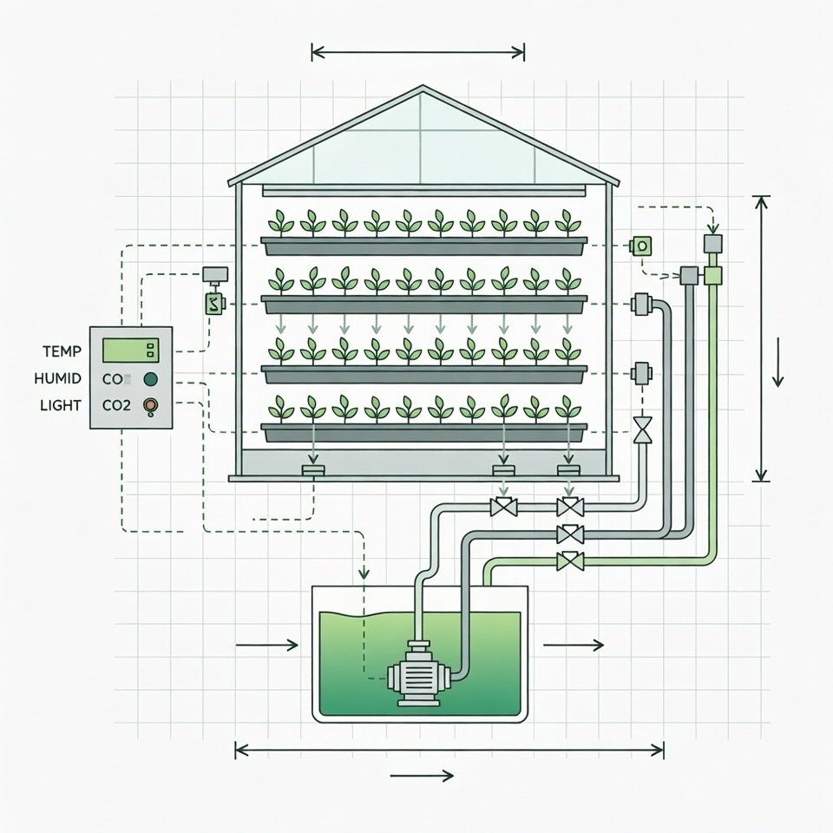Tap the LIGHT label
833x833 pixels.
coord(61,405)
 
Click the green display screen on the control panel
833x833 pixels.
coord(122,351)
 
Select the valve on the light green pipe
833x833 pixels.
coord(570,561)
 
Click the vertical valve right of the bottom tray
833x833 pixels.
coord(643,430)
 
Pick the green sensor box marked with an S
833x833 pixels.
coord(213,304)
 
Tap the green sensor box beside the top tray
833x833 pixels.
coord(641,246)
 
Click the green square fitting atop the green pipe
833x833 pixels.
coord(713,276)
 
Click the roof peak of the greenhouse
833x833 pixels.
coord(423,87)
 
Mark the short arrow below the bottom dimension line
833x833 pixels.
coord(422,776)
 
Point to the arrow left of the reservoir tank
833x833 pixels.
coord(266,645)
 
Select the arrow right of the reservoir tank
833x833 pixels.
coord(573,645)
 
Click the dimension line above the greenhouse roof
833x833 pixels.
coord(417,53)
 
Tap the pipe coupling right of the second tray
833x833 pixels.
coord(643,305)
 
